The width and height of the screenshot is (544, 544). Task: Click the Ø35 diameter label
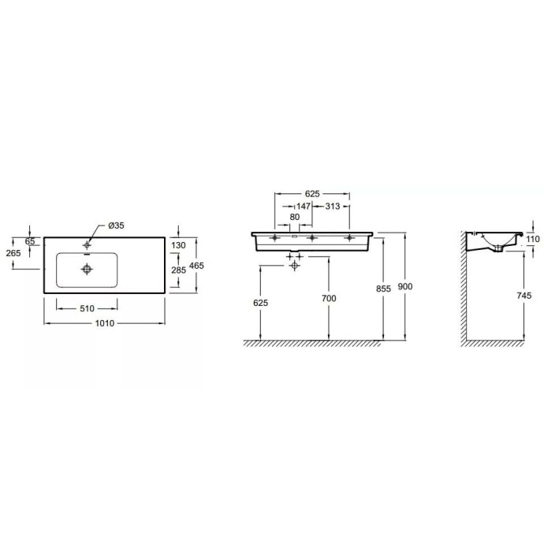(x=116, y=226)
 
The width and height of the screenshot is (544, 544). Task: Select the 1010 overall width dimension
(x=105, y=323)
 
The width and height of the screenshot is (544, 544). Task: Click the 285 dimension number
(x=180, y=270)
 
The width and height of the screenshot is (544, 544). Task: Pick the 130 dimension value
(x=180, y=245)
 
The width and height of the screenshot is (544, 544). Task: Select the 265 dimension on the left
(x=13, y=253)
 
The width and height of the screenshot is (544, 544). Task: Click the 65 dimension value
(x=29, y=240)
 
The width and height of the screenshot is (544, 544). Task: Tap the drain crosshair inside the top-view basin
(x=86, y=269)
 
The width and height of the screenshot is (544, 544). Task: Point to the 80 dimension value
(x=294, y=217)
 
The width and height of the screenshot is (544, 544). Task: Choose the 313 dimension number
(x=332, y=206)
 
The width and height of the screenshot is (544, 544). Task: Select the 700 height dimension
(x=329, y=298)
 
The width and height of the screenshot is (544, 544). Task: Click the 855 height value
(x=383, y=289)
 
